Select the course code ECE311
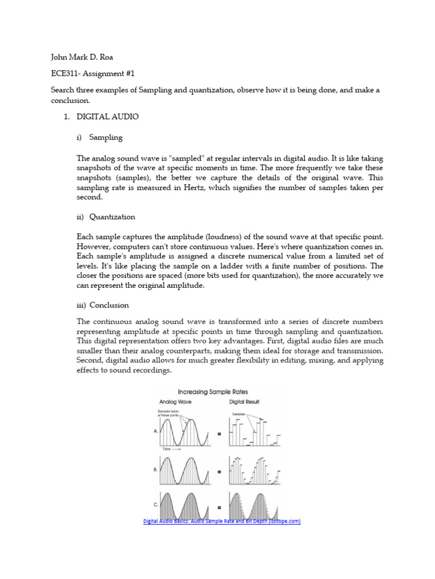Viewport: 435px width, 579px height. tap(65, 74)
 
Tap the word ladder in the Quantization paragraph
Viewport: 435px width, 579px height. tap(228, 266)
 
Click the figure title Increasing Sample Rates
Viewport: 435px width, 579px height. tap(212, 391)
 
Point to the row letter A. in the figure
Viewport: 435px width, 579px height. tap(155, 430)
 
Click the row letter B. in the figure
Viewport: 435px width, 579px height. tap(155, 469)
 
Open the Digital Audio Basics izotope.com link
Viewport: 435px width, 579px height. tap(221, 521)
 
